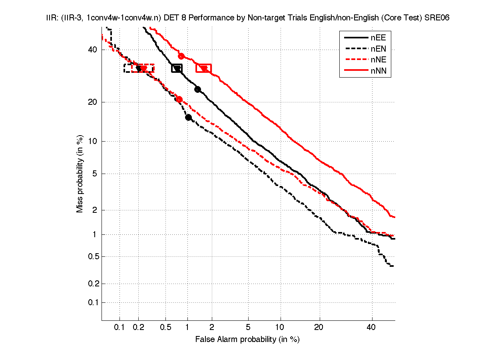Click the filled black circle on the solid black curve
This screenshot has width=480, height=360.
(x=197, y=89)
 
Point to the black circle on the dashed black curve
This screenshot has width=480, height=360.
(x=189, y=117)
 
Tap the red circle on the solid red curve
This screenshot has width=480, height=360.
(x=181, y=56)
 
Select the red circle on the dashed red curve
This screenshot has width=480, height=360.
(x=179, y=100)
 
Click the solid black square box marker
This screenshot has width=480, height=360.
(x=177, y=68)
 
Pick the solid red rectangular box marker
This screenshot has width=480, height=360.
(x=203, y=68)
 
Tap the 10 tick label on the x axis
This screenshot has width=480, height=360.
(x=281, y=328)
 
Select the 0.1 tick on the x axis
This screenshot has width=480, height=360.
(x=120, y=328)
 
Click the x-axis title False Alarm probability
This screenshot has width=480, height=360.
(x=247, y=340)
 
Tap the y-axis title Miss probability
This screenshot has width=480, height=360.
(x=80, y=174)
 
